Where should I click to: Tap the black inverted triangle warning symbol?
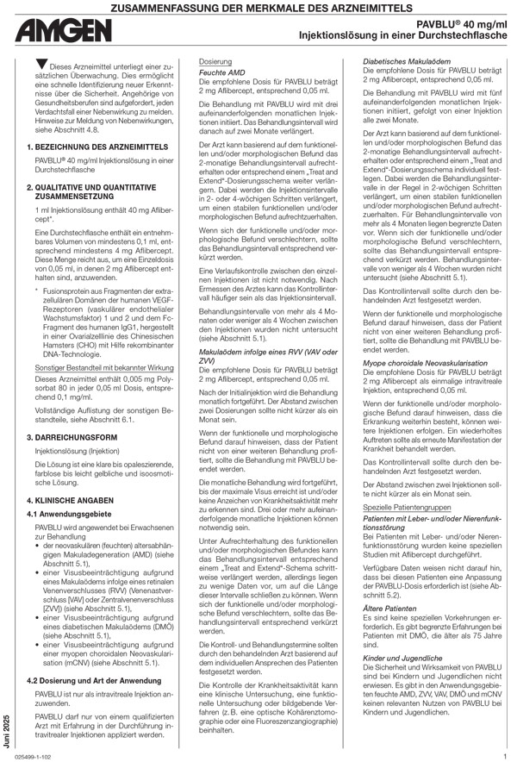tap(40, 66)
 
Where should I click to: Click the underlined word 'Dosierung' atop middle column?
tap(215, 62)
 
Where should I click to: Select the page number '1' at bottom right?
tap(504, 756)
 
